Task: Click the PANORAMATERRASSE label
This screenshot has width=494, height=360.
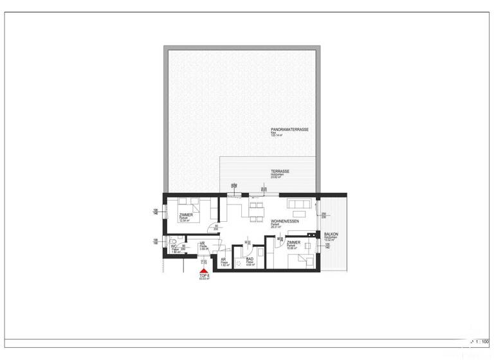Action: [289, 129]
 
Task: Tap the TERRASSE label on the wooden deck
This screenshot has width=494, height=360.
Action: [280, 172]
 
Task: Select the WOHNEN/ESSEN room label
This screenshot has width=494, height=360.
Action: [283, 221]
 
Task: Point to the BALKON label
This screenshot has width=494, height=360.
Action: [331, 235]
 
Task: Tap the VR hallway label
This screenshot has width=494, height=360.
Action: [202, 243]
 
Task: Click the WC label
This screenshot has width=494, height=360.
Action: [174, 246]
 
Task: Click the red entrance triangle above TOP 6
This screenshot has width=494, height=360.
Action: [205, 273]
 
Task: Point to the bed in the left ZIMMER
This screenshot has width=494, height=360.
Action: [205, 209]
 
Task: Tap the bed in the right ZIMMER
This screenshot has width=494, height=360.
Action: [304, 260]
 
